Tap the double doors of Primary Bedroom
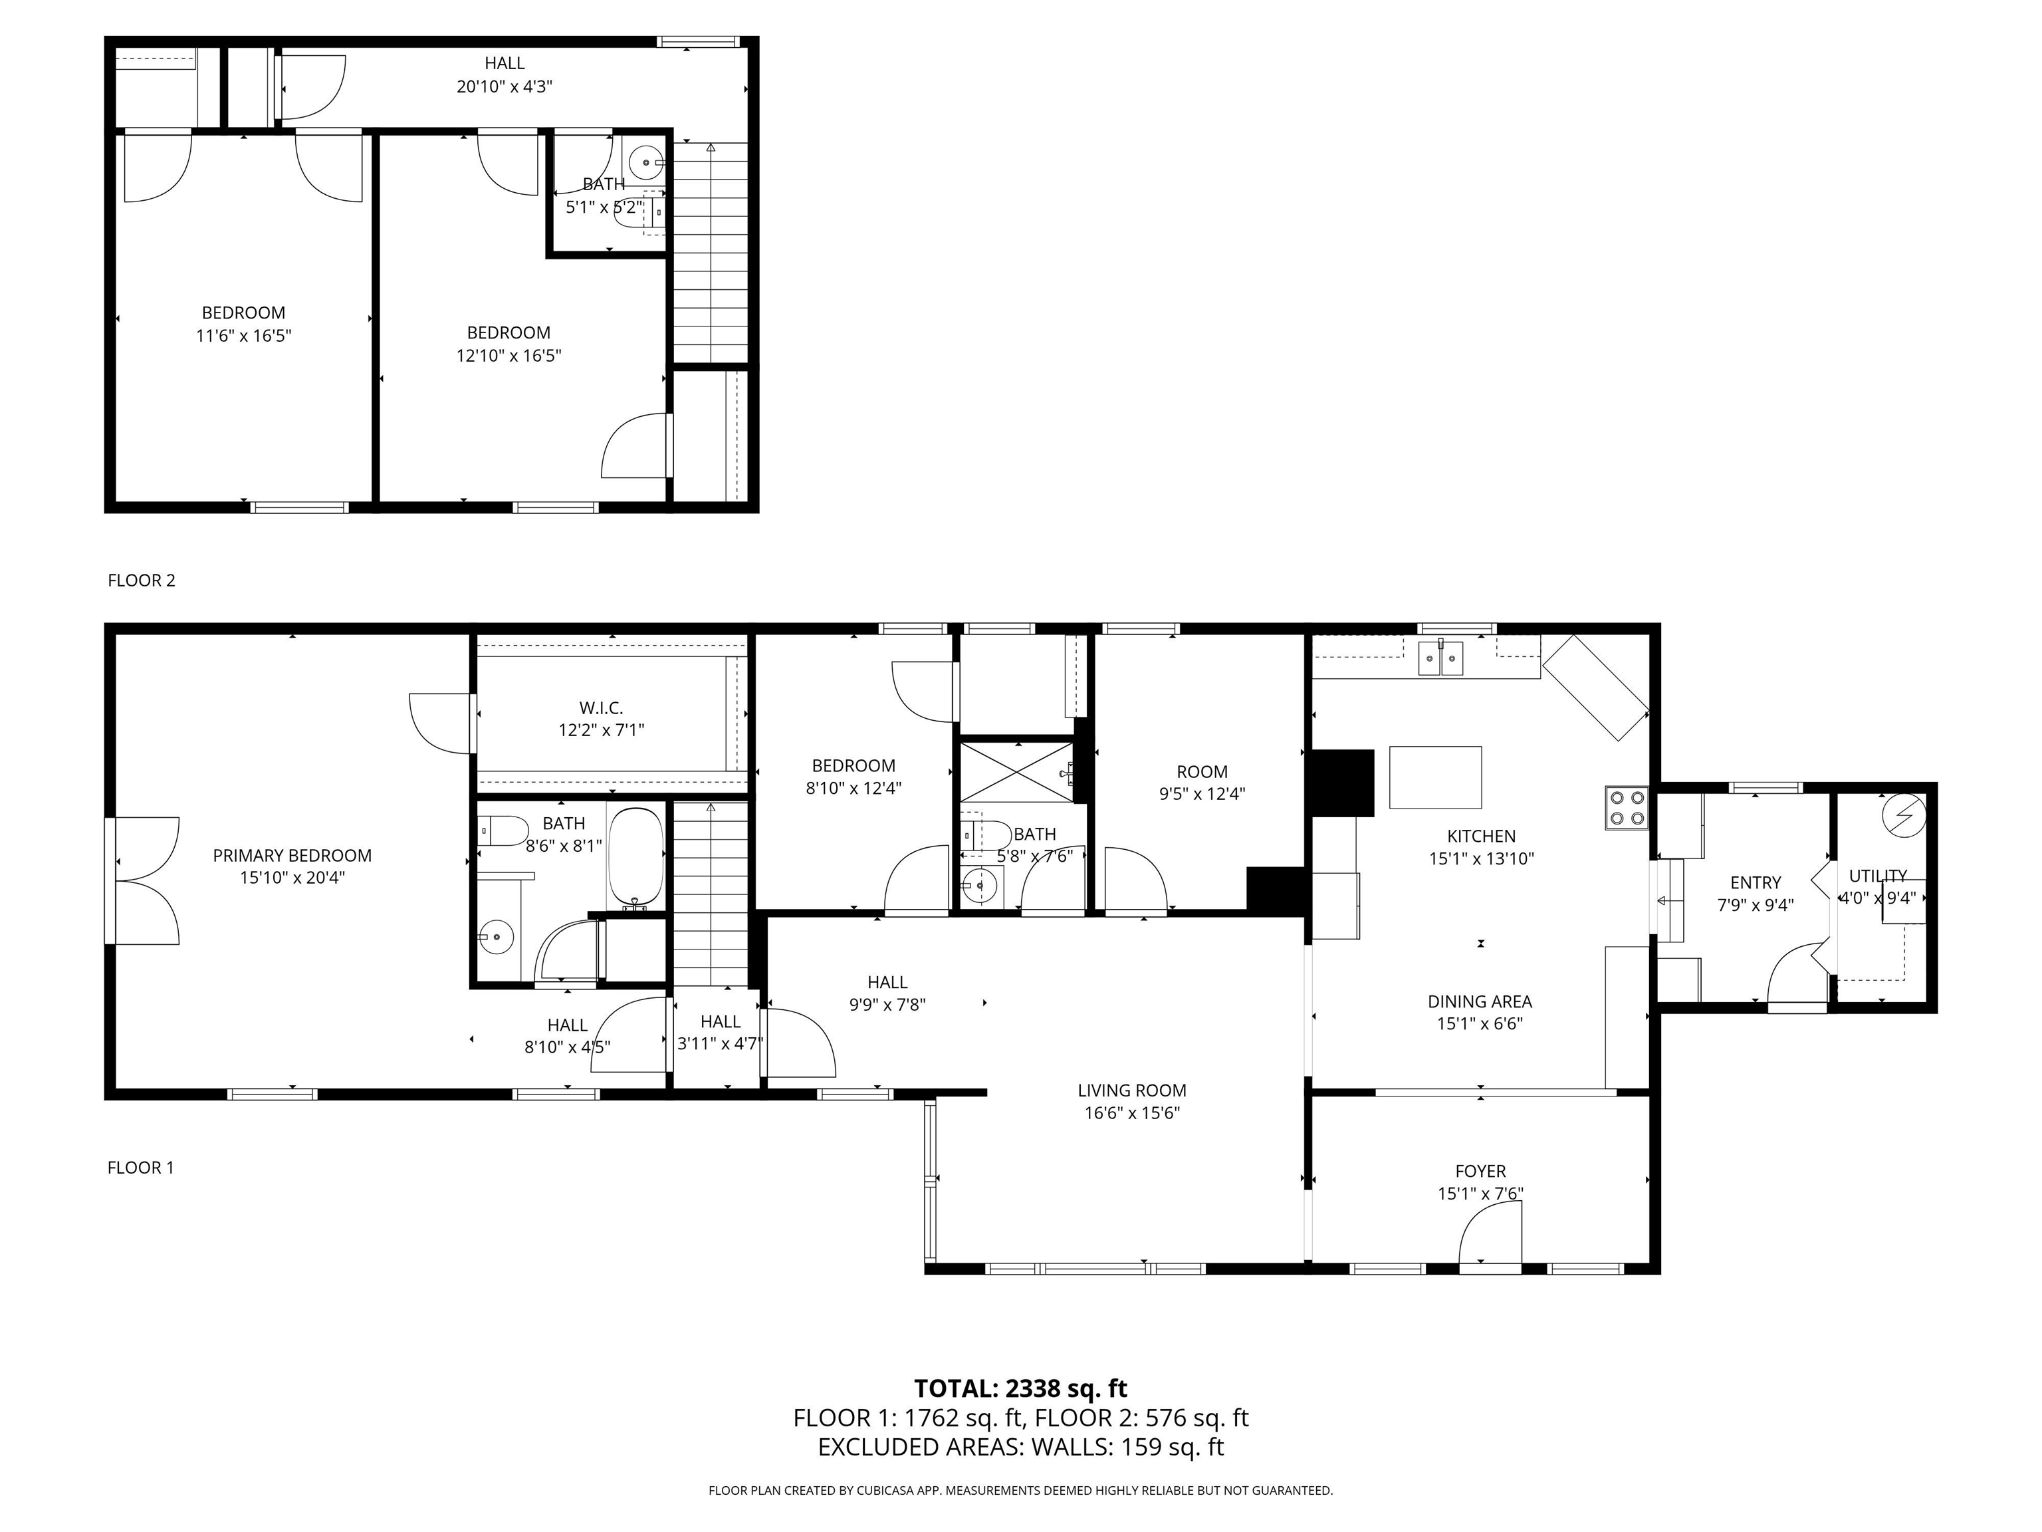pos(146,880)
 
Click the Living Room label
pos(1132,1090)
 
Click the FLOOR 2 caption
pos(141,580)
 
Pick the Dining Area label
pos(1480,1001)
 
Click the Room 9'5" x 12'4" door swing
pos(1135,882)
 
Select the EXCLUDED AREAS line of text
pos(1020,1447)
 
